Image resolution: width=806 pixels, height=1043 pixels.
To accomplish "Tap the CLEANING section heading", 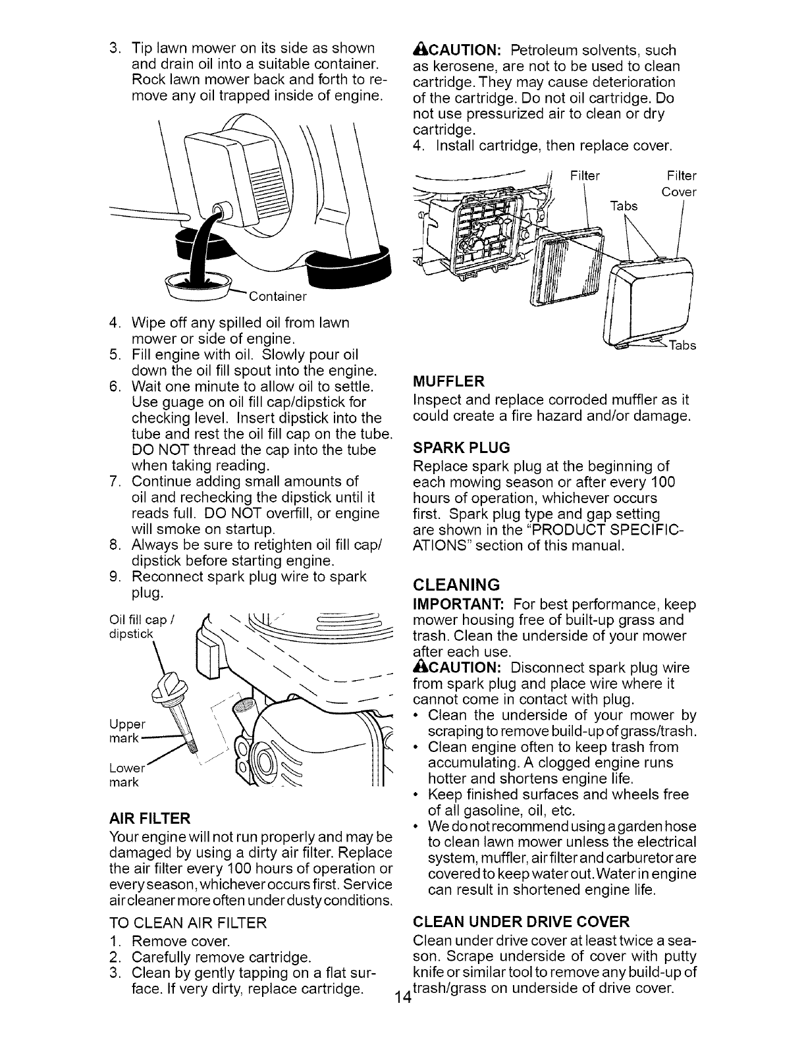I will click(456, 585).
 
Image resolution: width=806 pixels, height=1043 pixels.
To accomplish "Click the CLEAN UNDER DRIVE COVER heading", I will click(521, 920).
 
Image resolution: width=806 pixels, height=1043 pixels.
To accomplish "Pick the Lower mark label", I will click(125, 775).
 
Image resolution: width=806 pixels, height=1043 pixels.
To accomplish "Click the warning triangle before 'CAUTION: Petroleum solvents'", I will click(418, 50).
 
